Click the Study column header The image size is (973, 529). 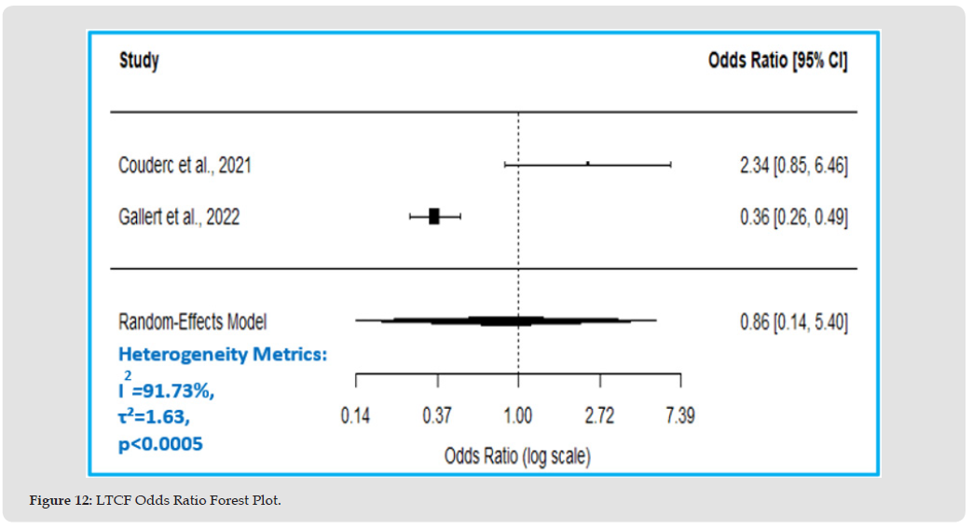[139, 61]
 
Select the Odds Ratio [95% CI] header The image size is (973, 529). [777, 62]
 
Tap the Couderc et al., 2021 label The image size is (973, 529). [185, 166]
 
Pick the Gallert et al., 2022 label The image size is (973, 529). [179, 217]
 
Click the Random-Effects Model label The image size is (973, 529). [192, 321]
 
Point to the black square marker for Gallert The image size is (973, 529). [434, 216]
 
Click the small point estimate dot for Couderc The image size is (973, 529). [588, 163]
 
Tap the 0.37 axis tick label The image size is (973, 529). [437, 415]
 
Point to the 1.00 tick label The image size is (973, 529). [518, 415]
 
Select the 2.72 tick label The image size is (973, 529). [599, 415]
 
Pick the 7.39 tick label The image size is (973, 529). [679, 415]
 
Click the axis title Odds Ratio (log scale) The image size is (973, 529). [517, 456]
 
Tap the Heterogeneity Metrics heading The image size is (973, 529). [223, 354]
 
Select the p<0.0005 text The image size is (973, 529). [160, 444]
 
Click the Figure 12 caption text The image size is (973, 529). [155, 501]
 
